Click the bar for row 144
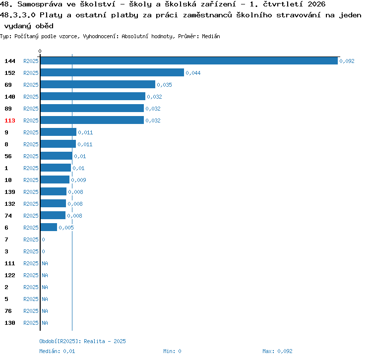[189, 60]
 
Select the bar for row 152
[112, 72]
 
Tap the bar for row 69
[98, 84]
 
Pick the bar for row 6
[49, 227]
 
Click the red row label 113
[10, 120]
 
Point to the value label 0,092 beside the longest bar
[347, 61]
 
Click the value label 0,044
[193, 73]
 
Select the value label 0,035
[164, 85]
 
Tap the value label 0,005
[66, 228]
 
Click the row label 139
[10, 192]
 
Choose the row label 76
[8, 311]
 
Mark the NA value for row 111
[45, 263]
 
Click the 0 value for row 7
[43, 240]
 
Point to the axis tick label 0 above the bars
[40, 51]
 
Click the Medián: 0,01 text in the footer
[57, 351]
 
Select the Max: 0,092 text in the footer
[277, 351]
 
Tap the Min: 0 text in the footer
[172, 351]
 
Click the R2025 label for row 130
[31, 323]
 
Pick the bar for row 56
[57, 156]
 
